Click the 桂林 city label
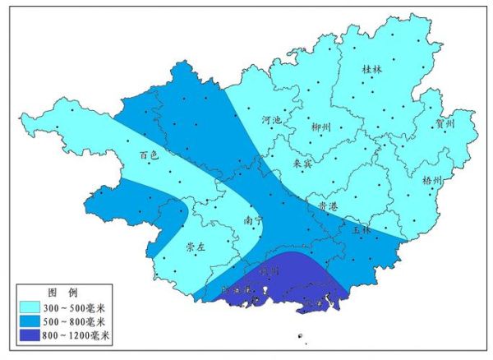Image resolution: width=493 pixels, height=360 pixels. tap(372, 70)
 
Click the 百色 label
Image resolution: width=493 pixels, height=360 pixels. tap(148, 155)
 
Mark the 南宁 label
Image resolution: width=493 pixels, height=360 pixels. tap(253, 220)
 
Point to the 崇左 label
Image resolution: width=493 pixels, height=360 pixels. tap(195, 246)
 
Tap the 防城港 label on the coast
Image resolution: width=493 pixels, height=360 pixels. tap(240, 290)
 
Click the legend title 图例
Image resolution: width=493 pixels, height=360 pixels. tap(62, 293)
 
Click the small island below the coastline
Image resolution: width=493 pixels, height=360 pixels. tap(302, 335)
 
